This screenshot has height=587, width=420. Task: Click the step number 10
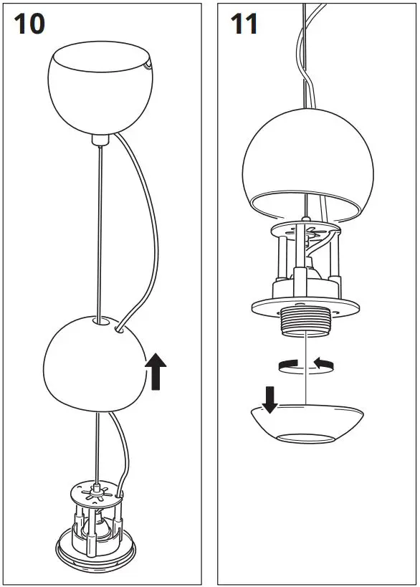tap(29, 24)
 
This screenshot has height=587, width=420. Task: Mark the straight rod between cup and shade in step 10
tap(99, 229)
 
